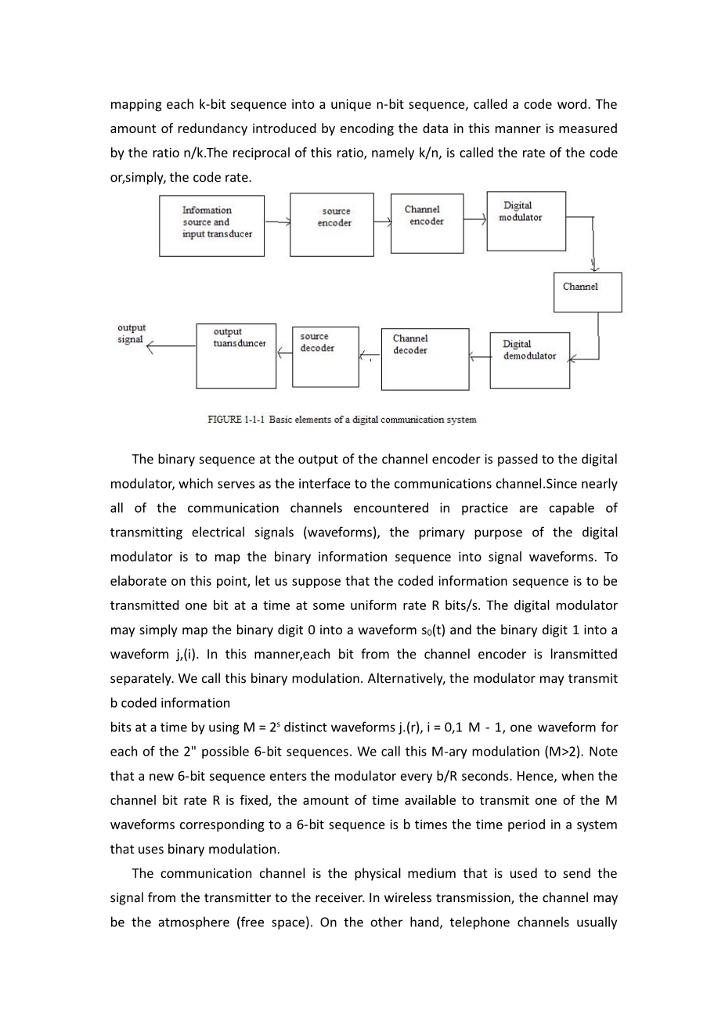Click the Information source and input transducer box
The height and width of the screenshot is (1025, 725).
pyautogui.click(x=211, y=226)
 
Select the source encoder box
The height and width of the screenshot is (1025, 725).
pyautogui.click(x=331, y=225)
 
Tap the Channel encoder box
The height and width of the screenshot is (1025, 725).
pyautogui.click(x=426, y=223)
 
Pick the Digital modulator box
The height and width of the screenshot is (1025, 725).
pyautogui.click(x=525, y=221)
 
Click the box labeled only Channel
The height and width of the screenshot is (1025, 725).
pyautogui.click(x=587, y=292)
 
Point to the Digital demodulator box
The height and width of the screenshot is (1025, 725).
pyautogui.click(x=529, y=360)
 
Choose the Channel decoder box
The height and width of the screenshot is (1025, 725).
pyautogui.click(x=424, y=359)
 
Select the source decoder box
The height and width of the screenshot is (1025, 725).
pyautogui.click(x=325, y=356)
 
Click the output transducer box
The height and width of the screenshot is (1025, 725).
pyautogui.click(x=236, y=356)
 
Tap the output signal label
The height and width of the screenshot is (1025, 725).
pyautogui.click(x=132, y=334)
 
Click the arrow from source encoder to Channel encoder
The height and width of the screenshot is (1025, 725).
pyautogui.click(x=382, y=222)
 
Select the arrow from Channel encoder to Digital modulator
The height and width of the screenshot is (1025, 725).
pyautogui.click(x=474, y=220)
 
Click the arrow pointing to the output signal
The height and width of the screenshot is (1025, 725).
pyautogui.click(x=171, y=346)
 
